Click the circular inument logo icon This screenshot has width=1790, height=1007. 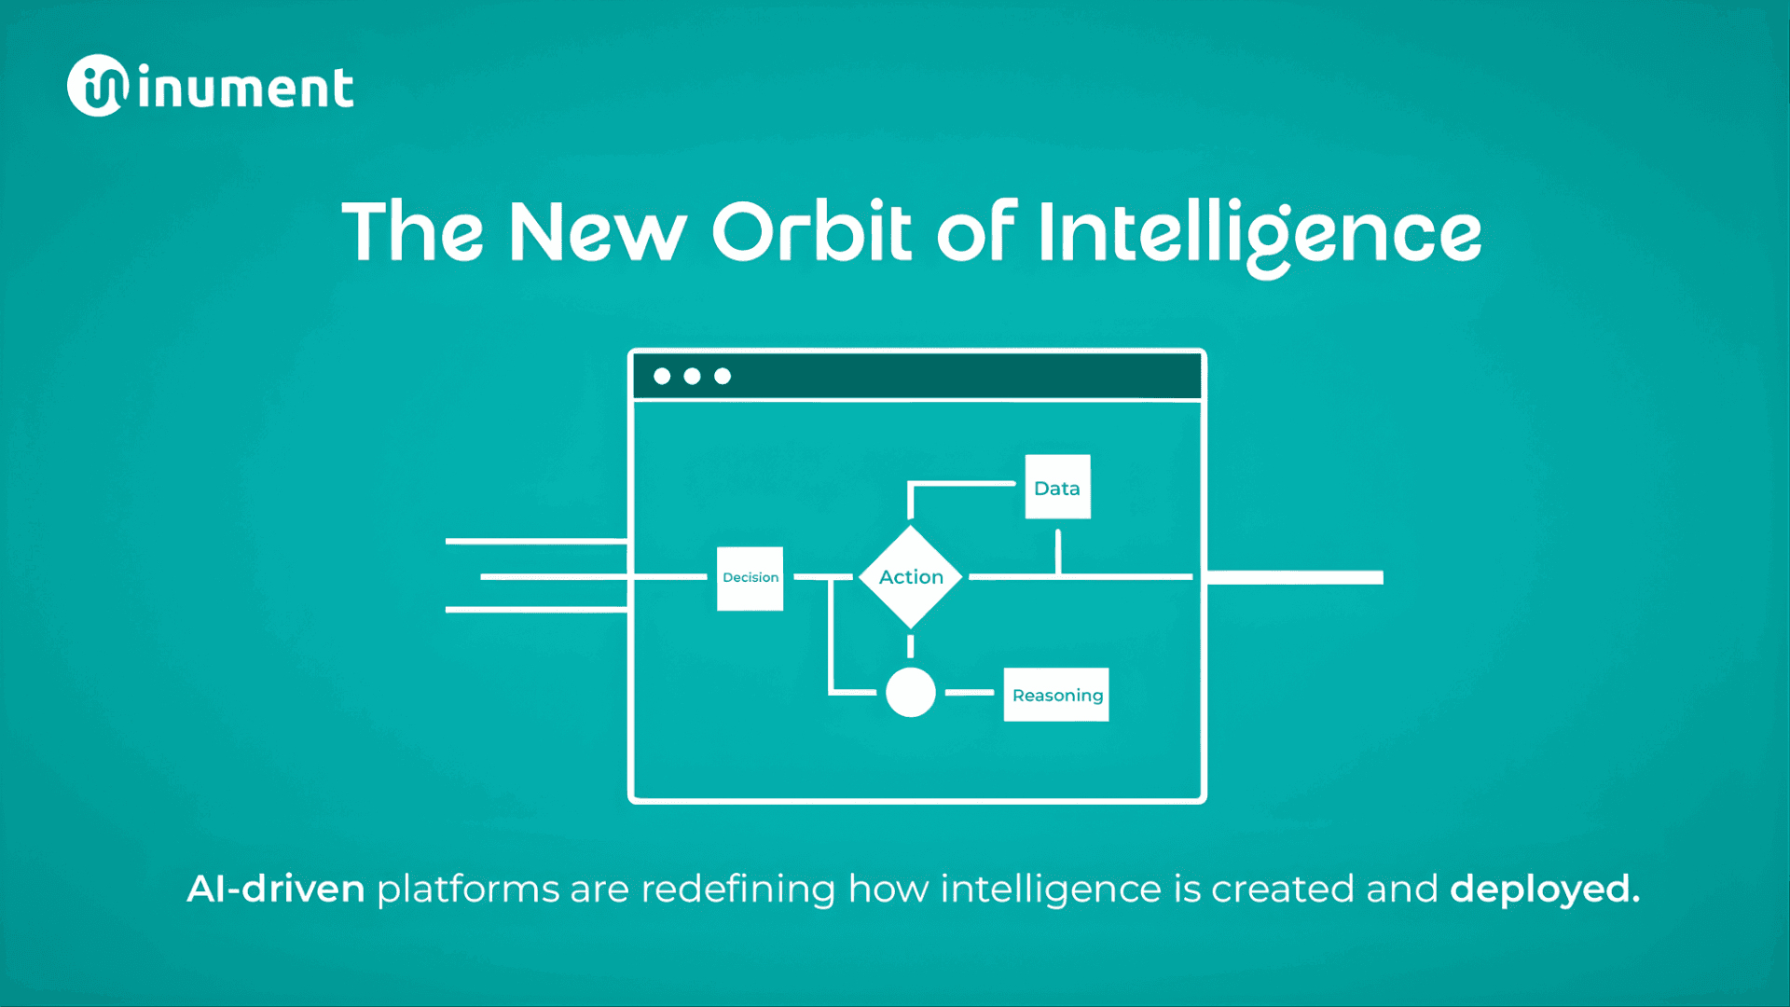coord(97,86)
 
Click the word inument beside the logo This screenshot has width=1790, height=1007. coord(246,90)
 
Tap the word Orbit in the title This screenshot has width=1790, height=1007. coord(811,231)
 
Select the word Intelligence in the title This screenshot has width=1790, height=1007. coord(1259,233)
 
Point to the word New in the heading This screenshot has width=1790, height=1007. coord(597,231)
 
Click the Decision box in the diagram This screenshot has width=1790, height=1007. coord(750,578)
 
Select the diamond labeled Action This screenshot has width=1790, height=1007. coord(911,577)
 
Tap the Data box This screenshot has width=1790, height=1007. coord(1057,487)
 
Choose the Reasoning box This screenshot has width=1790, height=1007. coord(1056,695)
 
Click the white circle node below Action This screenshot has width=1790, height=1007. coord(911,693)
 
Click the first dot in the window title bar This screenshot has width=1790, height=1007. coord(662,376)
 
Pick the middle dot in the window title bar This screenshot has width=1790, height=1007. coord(692,376)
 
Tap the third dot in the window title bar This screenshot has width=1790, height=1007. coord(723,376)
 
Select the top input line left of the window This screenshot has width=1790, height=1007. coord(536,541)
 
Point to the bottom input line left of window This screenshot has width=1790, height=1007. coord(536,610)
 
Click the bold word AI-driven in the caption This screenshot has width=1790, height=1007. coord(276,889)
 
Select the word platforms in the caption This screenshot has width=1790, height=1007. coord(467,889)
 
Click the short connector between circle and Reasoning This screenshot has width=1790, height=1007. coord(970,693)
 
